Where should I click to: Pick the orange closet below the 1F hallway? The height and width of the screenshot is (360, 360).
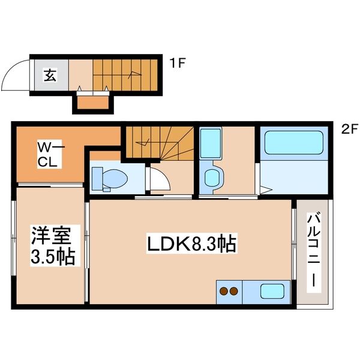[x=92, y=103]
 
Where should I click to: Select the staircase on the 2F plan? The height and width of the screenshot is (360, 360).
[x=160, y=144]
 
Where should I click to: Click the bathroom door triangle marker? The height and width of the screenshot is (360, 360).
[x=265, y=191]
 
